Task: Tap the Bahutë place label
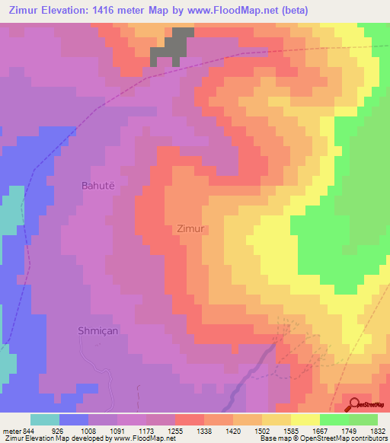pyautogui.click(x=100, y=185)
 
